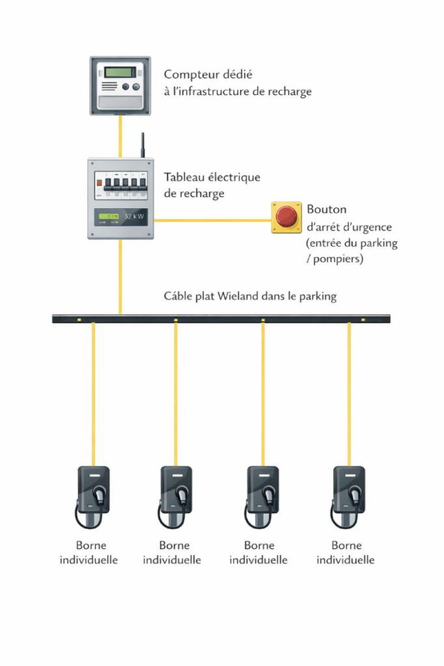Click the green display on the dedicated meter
coord(120,72)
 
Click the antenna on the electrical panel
coord(143,145)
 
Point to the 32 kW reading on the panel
coord(134,216)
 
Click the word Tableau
coord(184,177)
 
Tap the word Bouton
coord(327,209)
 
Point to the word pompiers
coord(338,259)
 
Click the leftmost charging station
coord(92,496)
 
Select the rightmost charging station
coord(348,496)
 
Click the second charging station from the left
coord(175,496)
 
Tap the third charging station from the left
coord(262,496)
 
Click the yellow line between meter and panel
coord(120,137)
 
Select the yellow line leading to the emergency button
coord(213,220)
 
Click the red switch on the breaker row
coord(99,183)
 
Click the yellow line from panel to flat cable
coord(120,277)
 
